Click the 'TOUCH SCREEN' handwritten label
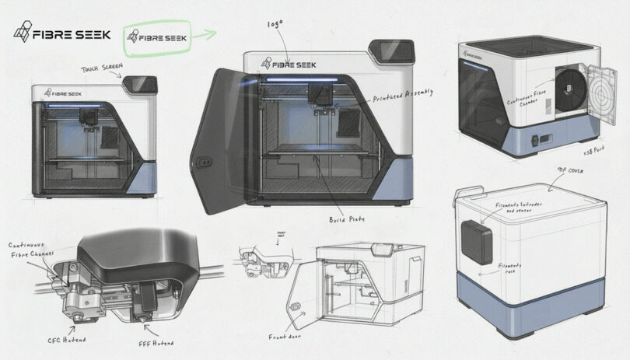tap(102, 70)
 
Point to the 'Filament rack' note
tap(510, 269)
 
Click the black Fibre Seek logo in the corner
tap(62, 34)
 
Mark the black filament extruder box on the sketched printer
tap(476, 242)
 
